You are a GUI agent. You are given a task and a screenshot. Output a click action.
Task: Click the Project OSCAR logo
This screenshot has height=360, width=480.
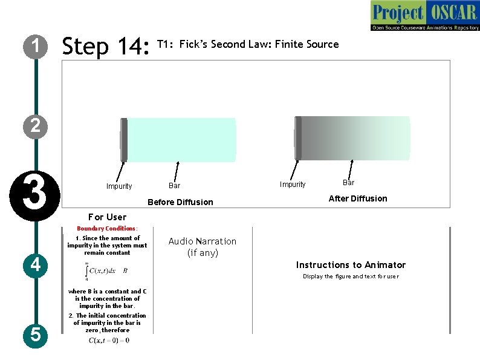coord(424,16)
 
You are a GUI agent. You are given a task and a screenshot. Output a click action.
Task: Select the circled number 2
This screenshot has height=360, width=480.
coord(36,125)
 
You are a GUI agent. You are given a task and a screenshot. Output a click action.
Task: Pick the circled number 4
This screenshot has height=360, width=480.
coord(36,264)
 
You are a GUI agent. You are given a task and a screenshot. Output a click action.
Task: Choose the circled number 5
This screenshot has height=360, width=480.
coord(36,333)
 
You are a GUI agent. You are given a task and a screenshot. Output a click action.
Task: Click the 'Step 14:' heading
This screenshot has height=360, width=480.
coord(106,46)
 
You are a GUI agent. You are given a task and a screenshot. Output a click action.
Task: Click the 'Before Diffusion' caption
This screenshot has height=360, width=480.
coord(180,202)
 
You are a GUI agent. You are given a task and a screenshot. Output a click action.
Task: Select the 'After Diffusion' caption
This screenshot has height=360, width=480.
coord(358,198)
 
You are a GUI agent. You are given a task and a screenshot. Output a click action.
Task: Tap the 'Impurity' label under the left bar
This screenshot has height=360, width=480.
coord(118,186)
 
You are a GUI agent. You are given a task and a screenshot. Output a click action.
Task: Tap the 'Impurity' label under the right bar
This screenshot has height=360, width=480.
coord(293,185)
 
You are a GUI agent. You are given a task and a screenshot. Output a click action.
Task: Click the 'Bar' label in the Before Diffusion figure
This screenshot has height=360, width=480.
coord(174,186)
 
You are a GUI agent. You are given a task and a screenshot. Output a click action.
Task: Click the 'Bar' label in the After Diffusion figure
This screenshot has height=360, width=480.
coord(349,183)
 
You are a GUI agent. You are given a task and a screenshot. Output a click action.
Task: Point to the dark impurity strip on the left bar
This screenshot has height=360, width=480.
coord(124,140)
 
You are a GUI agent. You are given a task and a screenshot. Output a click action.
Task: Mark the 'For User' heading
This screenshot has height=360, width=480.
coord(107,217)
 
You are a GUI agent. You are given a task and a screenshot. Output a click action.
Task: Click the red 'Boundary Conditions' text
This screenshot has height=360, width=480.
coord(106,229)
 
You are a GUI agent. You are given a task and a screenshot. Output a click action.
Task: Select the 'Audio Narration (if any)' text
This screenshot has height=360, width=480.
coord(203,247)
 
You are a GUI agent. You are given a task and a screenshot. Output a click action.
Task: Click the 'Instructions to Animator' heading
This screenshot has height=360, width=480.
coord(351,265)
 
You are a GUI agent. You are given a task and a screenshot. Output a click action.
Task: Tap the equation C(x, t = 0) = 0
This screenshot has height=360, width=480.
coord(109,341)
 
